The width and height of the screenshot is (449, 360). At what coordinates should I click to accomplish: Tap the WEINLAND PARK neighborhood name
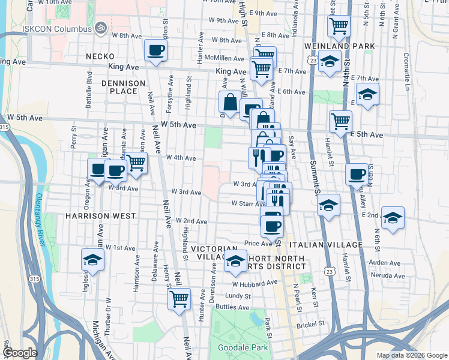click(340, 46)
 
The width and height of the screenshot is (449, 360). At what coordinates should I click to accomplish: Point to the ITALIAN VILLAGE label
click(326, 245)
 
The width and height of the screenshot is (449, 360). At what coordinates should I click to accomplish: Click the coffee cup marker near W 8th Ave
click(155, 50)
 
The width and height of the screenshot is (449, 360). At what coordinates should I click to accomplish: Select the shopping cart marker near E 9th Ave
click(339, 26)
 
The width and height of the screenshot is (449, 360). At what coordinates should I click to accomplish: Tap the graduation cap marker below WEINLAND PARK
click(329, 61)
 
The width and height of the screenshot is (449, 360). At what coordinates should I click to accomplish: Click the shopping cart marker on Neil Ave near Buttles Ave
click(179, 298)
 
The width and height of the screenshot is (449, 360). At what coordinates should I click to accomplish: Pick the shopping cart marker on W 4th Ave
click(136, 161)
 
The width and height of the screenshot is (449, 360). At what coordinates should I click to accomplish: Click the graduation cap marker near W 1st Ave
click(92, 260)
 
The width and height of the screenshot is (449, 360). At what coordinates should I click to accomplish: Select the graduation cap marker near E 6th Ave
click(367, 94)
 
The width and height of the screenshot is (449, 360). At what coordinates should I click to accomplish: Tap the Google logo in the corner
click(19, 353)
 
